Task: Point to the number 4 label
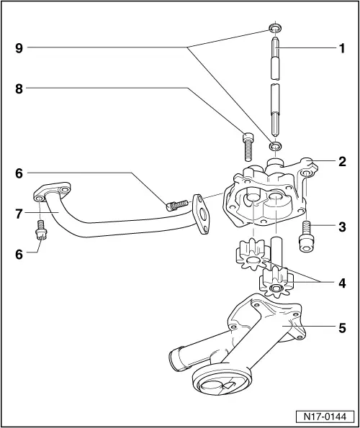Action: tap(343, 283)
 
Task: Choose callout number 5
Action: tap(343, 327)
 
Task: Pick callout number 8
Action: tap(19, 88)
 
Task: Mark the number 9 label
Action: tap(19, 49)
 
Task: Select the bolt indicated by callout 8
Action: tap(248, 147)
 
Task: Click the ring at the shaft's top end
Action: tap(274, 28)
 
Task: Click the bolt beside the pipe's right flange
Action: tap(176, 205)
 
